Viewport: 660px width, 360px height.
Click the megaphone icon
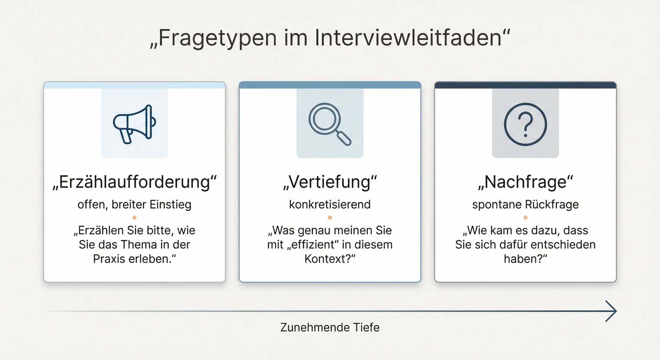point(134,124)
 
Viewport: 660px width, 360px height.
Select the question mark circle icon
point(525,124)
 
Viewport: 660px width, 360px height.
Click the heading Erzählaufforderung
point(135,182)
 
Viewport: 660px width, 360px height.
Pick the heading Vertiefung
point(330,182)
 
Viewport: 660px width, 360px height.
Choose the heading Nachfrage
point(525,182)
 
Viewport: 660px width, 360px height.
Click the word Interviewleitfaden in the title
point(408,38)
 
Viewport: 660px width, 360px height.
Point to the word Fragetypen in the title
point(217,38)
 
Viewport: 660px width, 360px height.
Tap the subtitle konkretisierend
point(330,205)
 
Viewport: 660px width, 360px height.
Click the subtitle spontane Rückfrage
point(525,205)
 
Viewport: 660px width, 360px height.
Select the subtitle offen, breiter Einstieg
point(135,205)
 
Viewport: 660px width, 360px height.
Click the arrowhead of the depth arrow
point(612,311)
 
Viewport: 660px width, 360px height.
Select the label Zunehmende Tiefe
point(330,327)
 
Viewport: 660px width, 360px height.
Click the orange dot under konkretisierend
point(330,217)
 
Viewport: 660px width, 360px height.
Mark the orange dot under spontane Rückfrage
point(525,217)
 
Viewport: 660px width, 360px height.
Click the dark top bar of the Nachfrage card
point(525,85)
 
